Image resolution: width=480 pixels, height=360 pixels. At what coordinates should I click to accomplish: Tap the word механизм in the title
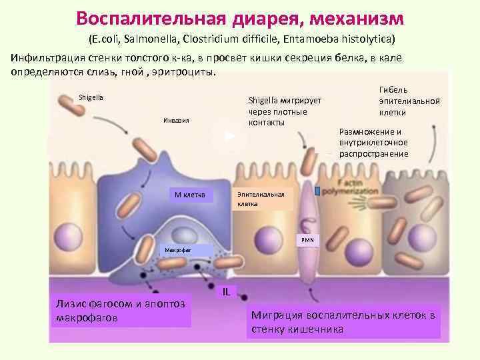click(351, 15)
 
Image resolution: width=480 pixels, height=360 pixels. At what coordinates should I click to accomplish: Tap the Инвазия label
click(177, 121)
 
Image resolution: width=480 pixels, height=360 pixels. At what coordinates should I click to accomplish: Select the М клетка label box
click(189, 195)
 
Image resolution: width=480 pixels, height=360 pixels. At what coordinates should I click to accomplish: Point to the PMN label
click(307, 239)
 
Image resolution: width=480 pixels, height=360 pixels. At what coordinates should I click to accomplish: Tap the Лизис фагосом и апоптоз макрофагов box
click(120, 311)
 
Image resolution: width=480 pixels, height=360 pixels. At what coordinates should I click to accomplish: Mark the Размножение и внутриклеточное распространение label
click(373, 143)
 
